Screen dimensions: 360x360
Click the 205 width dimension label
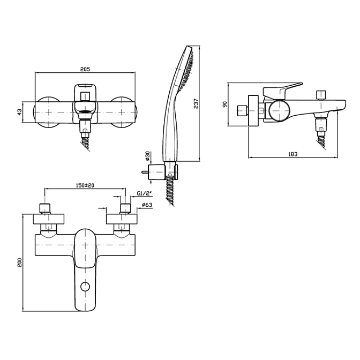pyautogui.click(x=85, y=69)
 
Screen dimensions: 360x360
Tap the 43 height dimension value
pyautogui.click(x=20, y=112)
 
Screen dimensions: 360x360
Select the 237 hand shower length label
pyautogui.click(x=196, y=103)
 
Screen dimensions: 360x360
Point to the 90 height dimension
pyautogui.click(x=225, y=104)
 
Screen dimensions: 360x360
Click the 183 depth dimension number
pyautogui.click(x=292, y=154)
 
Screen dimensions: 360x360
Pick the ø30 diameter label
pyautogui.click(x=147, y=156)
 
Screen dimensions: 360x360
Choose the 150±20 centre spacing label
pyautogui.click(x=85, y=185)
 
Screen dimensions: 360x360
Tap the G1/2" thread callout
pyautogui.click(x=145, y=193)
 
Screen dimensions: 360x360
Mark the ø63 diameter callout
pyautogui.click(x=147, y=205)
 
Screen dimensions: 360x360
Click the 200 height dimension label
pyautogui.click(x=19, y=262)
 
